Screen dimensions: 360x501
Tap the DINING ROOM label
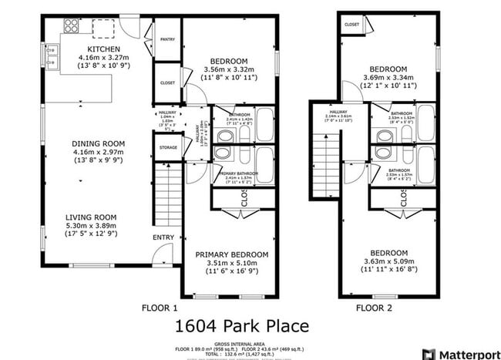(98, 143)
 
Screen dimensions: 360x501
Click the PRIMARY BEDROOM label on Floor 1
(231, 254)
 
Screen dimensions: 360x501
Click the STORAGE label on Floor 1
(168, 147)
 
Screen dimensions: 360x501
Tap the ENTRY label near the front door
(163, 237)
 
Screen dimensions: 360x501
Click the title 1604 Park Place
(242, 326)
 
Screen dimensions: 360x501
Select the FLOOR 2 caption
(375, 308)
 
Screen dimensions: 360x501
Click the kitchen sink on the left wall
(52, 59)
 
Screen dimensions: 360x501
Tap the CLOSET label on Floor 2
(351, 25)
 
